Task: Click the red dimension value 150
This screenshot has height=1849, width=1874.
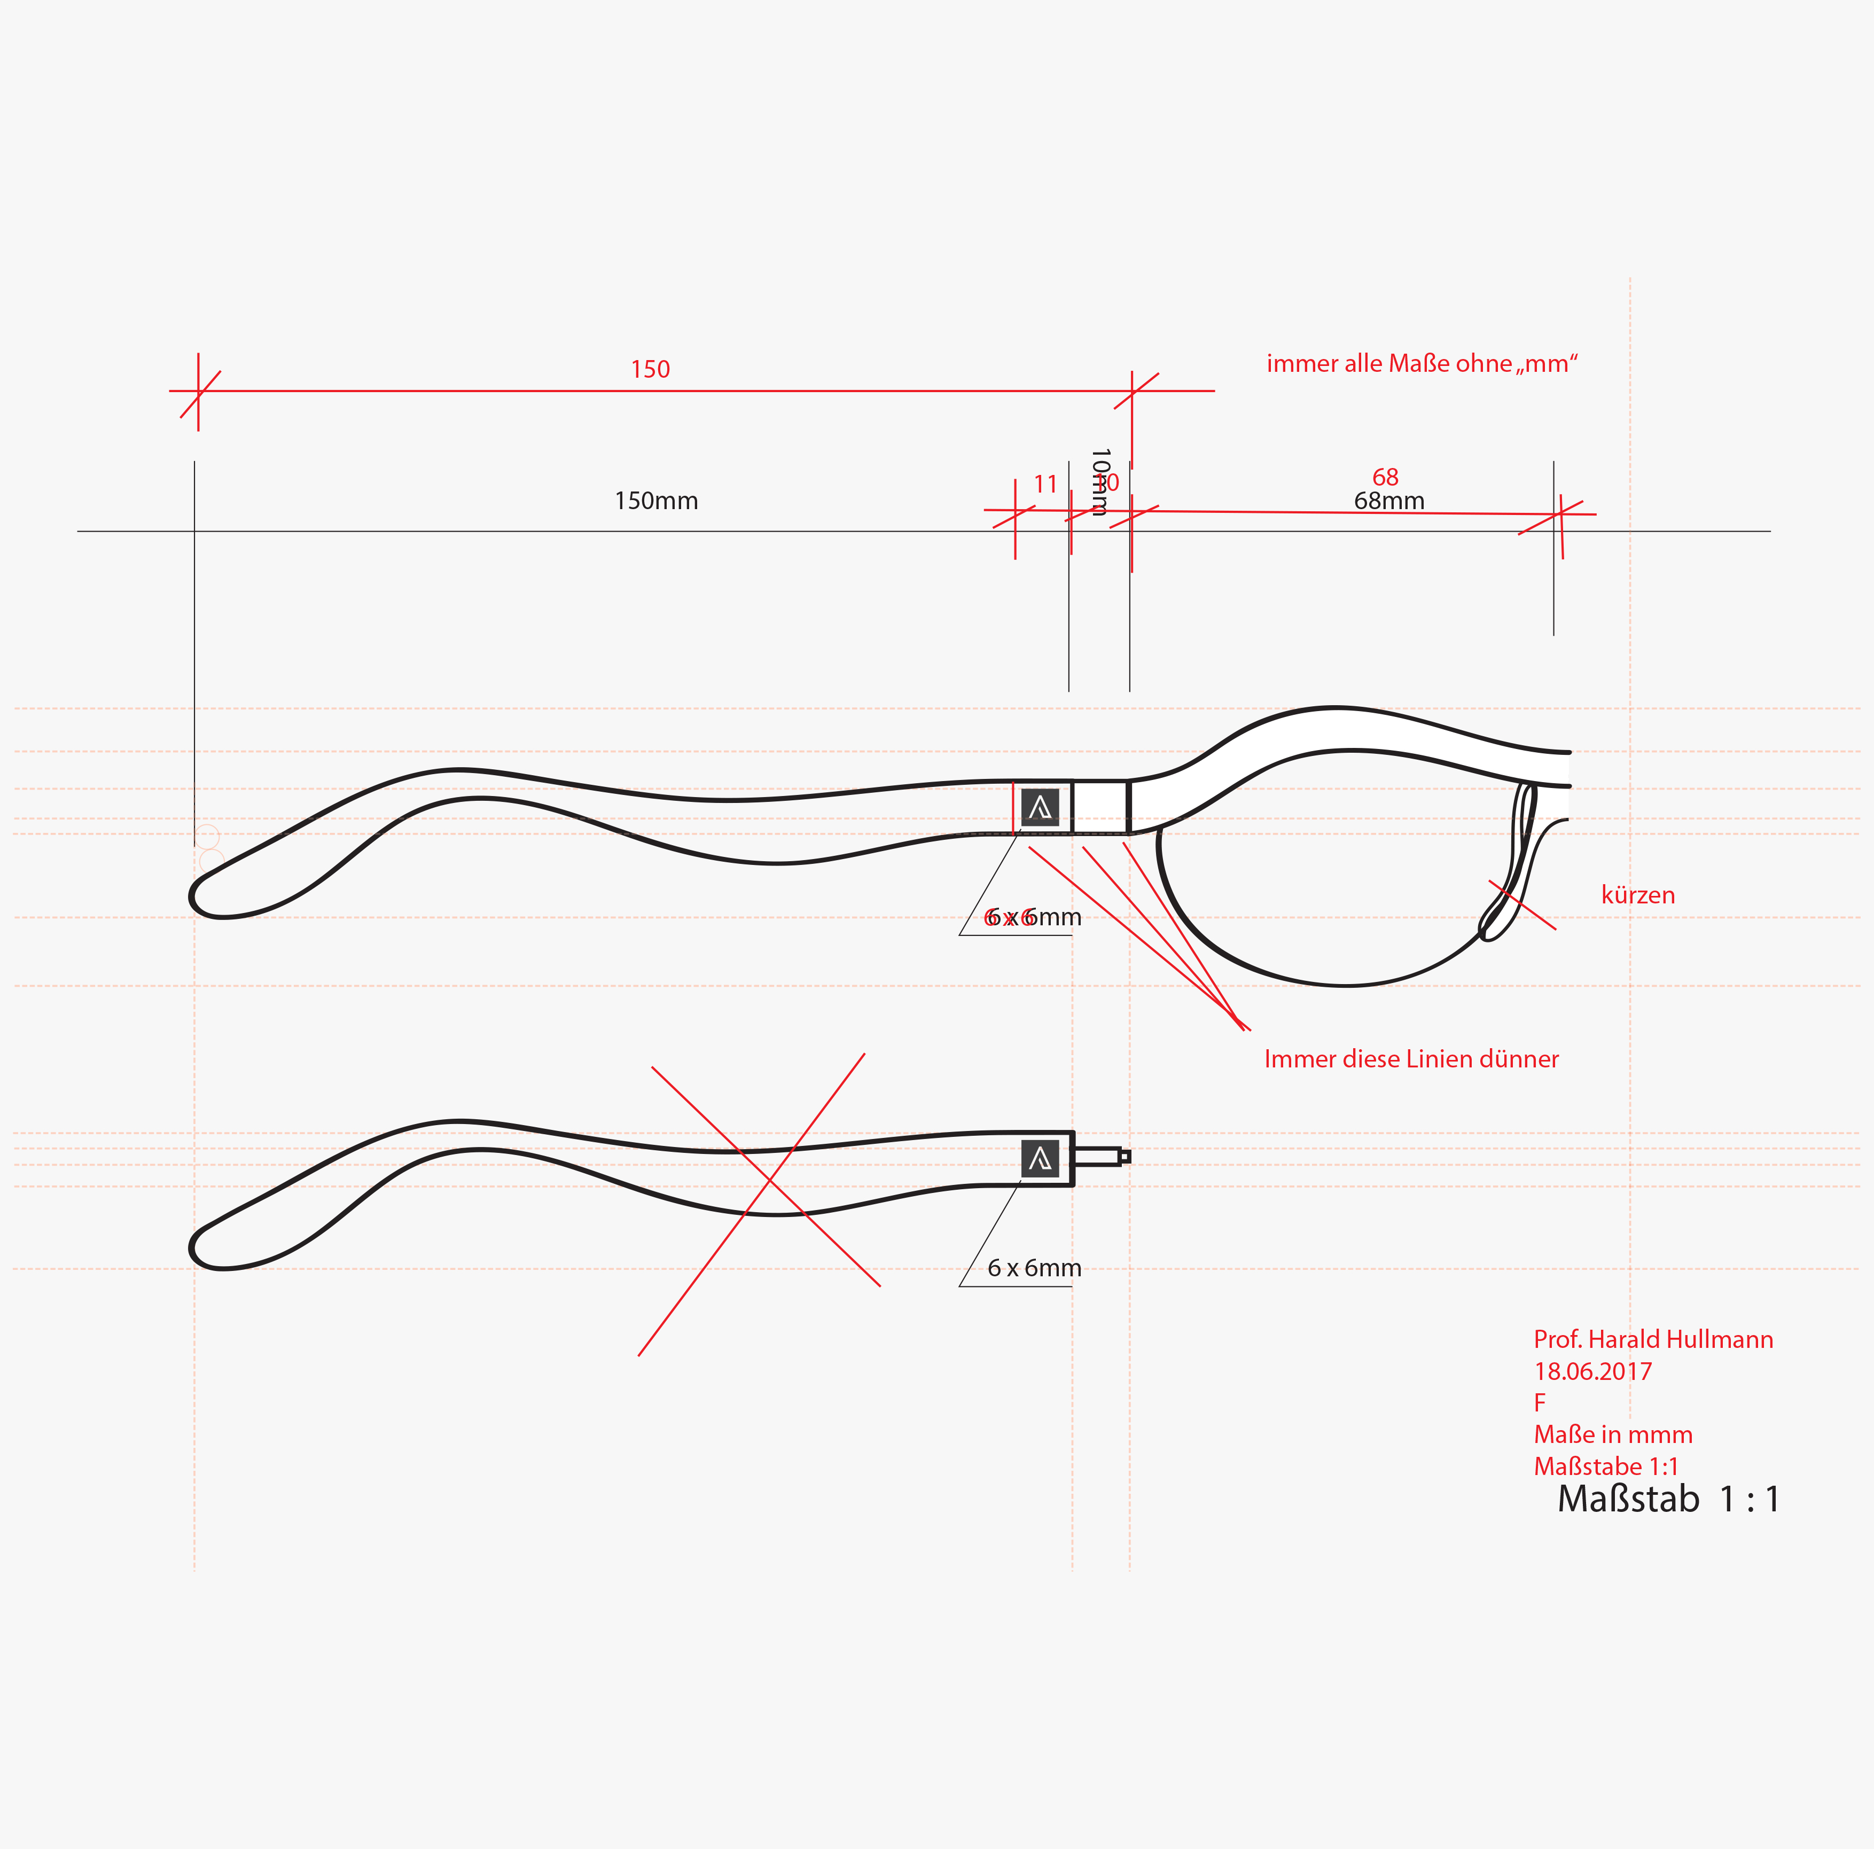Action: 650,370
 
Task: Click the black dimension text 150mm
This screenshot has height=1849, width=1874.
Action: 655,501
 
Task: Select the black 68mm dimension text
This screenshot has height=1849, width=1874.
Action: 1389,502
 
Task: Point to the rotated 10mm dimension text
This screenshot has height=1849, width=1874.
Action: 1099,482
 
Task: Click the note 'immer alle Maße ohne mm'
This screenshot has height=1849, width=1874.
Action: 1422,364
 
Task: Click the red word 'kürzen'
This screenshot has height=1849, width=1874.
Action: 1637,894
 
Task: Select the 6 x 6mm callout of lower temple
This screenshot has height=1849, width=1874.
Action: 1034,1268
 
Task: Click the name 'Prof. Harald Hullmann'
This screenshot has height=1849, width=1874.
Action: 1653,1340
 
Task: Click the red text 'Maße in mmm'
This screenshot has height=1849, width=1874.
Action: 1612,1435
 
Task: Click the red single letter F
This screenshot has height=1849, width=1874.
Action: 1540,1403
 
